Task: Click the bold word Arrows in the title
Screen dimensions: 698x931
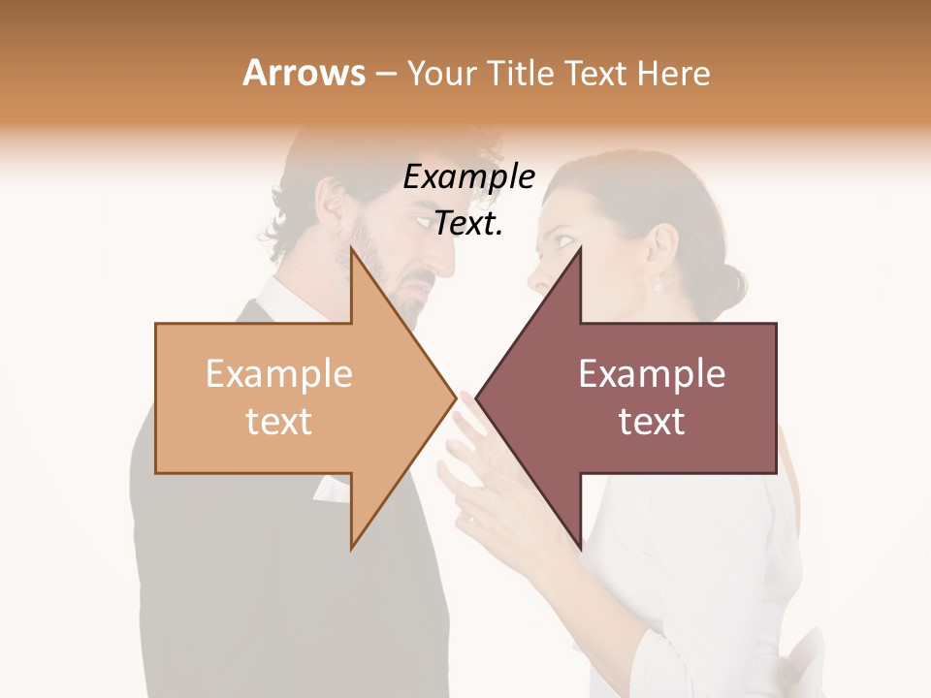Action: click(304, 73)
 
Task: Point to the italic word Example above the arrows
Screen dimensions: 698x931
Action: click(468, 177)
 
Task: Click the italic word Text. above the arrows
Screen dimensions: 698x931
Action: click(468, 224)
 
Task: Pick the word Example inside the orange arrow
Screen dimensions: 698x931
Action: click(279, 374)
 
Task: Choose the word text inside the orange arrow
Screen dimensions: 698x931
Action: click(279, 422)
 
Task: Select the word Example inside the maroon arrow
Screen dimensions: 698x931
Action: click(652, 374)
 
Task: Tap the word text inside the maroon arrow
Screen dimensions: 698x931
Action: click(652, 422)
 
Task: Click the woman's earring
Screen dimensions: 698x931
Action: click(658, 285)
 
